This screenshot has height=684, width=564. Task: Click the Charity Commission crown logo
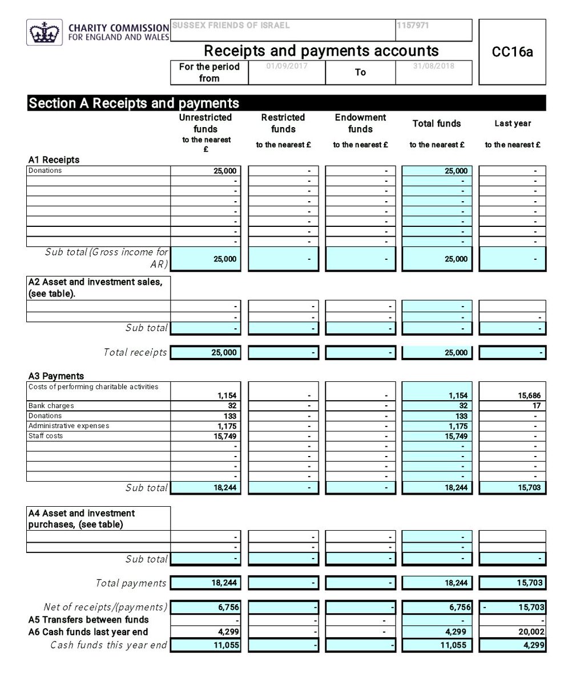pyautogui.click(x=43, y=32)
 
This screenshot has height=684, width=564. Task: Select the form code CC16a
pyautogui.click(x=512, y=52)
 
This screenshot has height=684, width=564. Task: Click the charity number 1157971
pyautogui.click(x=413, y=26)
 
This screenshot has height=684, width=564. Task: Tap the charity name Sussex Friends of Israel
pyautogui.click(x=231, y=26)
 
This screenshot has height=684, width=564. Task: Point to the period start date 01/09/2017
pyautogui.click(x=287, y=66)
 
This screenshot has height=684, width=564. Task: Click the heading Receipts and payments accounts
pyautogui.click(x=321, y=51)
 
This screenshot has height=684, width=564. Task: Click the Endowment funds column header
pyautogui.click(x=360, y=123)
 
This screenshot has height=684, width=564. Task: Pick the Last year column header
pyautogui.click(x=512, y=123)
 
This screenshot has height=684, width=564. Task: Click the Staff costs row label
pyautogui.click(x=46, y=435)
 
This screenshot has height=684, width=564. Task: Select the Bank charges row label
pyautogui.click(x=51, y=406)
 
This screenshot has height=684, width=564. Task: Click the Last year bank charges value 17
pyautogui.click(x=536, y=406)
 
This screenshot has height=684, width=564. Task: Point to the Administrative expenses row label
pyautogui.click(x=69, y=426)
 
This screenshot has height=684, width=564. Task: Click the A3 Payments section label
pyautogui.click(x=56, y=376)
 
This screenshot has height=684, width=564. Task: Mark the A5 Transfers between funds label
pyautogui.click(x=88, y=620)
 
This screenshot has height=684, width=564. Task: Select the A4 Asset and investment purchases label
pyautogui.click(x=82, y=519)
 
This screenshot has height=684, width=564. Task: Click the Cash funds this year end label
pyautogui.click(x=108, y=645)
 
